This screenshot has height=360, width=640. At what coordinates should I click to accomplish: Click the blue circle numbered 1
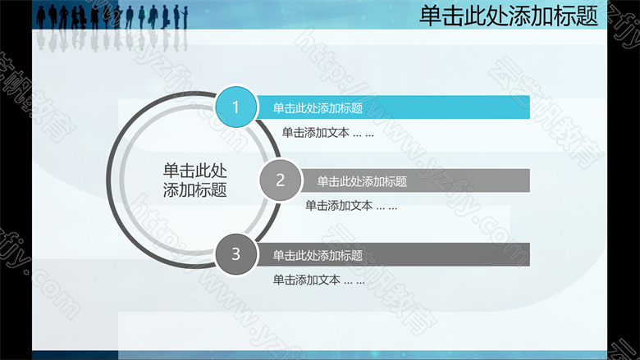pos(236,107)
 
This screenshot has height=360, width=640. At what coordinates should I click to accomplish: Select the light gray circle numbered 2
pos(280,180)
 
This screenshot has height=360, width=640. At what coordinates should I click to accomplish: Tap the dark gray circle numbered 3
pos(236,253)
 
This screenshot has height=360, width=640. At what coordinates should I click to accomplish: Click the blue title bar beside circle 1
pos(393,107)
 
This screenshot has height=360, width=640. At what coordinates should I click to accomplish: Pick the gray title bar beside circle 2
pos(415,180)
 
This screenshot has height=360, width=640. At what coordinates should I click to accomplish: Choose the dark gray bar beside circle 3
pos(393,255)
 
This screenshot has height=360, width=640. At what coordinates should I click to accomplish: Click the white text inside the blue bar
pos(318,108)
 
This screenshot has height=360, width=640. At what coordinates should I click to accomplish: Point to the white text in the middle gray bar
pos(362,181)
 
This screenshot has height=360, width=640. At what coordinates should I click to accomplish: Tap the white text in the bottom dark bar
pos(318,256)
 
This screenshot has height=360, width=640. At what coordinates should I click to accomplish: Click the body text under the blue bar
pos(327,133)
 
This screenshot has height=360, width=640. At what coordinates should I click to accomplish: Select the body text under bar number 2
pos(351,206)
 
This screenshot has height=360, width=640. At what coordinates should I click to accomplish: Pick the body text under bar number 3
pos(319,280)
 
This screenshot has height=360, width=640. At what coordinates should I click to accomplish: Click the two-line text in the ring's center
pos(195,180)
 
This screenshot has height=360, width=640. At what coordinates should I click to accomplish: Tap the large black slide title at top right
pos(509,16)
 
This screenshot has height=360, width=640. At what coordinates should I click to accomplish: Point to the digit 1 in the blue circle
pos(235,107)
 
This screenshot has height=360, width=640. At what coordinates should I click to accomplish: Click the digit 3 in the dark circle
pos(236,254)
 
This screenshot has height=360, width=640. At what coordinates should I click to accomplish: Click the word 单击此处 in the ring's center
pos(195,171)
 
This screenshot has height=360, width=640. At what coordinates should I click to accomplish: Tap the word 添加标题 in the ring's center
pos(195,190)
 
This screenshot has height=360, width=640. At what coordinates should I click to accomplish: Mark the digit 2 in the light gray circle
pos(280,180)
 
